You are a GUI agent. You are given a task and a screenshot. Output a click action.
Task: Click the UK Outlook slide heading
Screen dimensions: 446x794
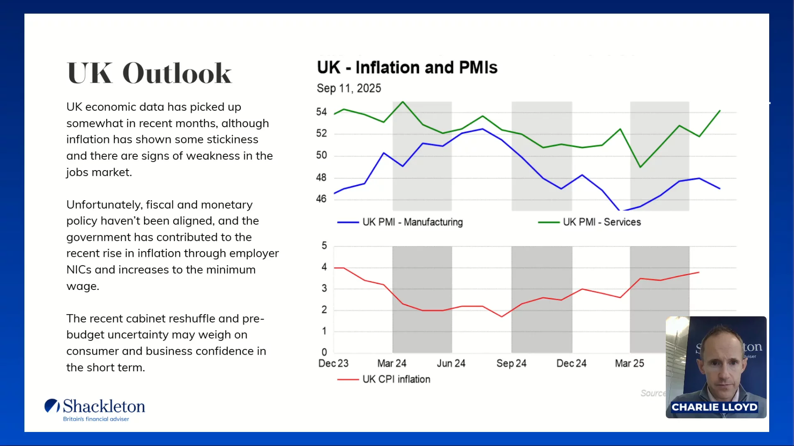[149, 74]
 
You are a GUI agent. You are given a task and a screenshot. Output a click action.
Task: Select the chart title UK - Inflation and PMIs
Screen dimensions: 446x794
[407, 68]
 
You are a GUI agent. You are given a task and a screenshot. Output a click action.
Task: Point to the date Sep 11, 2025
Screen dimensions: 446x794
[349, 88]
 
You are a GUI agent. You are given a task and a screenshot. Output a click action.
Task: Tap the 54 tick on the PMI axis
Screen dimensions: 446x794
[321, 112]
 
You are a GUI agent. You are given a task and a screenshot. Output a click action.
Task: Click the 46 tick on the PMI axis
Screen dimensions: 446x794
[321, 199]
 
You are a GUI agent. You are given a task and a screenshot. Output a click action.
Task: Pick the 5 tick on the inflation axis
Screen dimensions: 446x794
[324, 246]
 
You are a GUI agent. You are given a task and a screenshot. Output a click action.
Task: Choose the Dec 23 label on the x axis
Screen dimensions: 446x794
[333, 363]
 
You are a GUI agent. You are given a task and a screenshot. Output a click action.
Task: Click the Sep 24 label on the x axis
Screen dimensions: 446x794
[511, 363]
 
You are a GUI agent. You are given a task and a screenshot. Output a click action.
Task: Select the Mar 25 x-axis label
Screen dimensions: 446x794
[629, 363]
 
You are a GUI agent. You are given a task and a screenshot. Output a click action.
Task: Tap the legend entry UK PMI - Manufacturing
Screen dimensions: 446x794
[412, 222]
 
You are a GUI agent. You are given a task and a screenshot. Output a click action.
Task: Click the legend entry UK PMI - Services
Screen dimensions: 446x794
[602, 222]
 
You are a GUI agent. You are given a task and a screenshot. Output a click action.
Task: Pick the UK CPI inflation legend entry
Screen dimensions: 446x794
[396, 379]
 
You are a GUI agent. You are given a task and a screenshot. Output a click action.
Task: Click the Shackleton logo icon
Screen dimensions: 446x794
[52, 406]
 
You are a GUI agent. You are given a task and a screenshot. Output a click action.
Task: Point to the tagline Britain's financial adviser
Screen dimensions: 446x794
[96, 419]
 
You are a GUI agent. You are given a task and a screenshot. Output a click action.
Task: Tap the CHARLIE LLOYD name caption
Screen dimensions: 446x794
[714, 407]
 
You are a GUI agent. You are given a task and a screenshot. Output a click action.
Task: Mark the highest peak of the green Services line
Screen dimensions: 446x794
[403, 102]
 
